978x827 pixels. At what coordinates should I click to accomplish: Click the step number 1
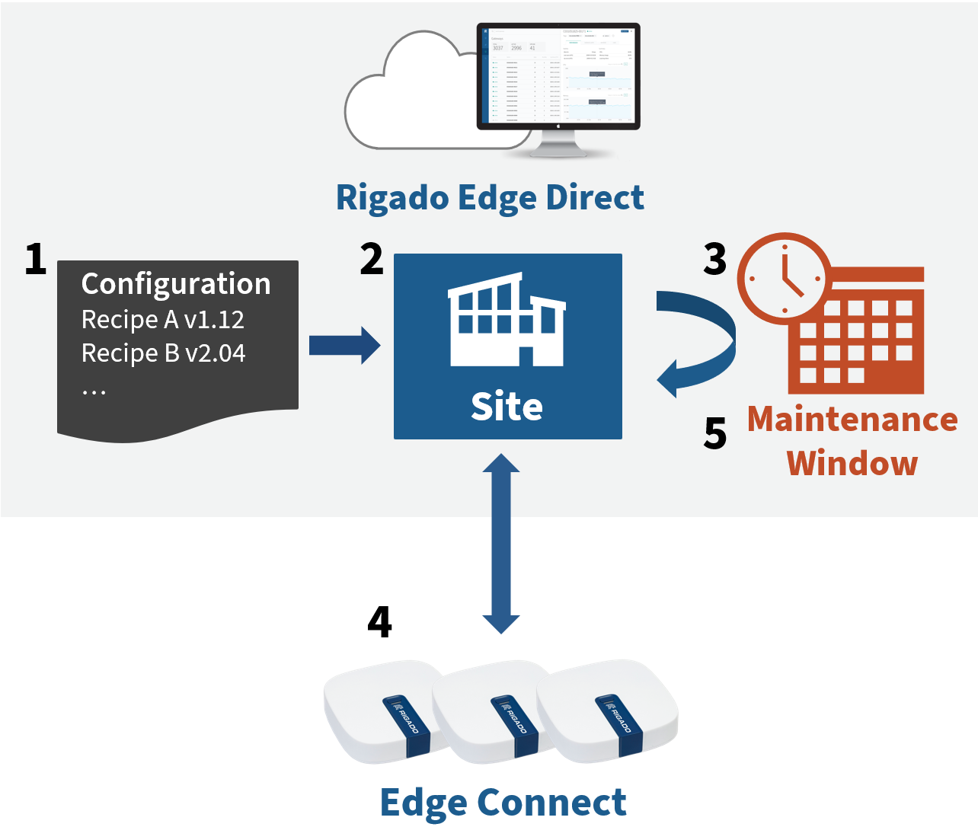[35, 260]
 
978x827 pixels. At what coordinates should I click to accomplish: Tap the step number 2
[372, 260]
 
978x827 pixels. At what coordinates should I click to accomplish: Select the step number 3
[714, 260]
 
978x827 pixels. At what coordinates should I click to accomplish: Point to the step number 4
[379, 622]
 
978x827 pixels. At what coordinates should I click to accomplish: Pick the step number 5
[714, 434]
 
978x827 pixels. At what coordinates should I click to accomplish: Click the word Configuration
[176, 284]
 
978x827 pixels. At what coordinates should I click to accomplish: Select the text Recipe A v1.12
[163, 320]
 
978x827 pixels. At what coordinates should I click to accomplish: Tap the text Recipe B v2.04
[164, 353]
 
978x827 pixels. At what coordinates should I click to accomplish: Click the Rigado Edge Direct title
[490, 198]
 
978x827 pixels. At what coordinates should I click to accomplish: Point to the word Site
[507, 407]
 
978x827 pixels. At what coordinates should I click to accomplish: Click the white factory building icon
[507, 320]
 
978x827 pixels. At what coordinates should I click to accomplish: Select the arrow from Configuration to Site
[344, 346]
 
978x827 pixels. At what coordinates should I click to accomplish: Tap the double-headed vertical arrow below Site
[501, 544]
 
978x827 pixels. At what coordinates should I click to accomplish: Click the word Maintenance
[852, 420]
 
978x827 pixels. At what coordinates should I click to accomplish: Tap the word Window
[852, 463]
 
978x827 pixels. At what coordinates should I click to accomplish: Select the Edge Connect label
[503, 803]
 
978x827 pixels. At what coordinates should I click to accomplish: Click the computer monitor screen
[558, 75]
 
